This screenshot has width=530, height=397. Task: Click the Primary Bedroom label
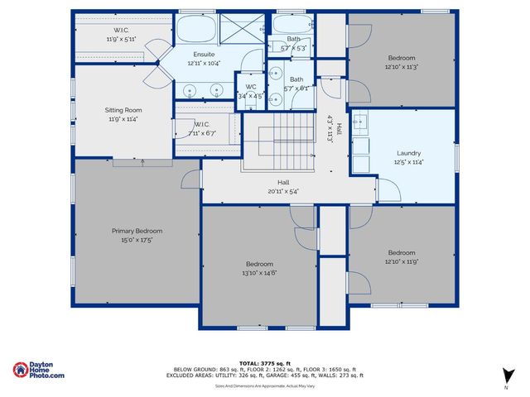click(x=137, y=231)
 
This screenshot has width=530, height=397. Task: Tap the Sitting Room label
click(x=123, y=110)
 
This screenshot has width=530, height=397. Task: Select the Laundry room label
click(x=408, y=153)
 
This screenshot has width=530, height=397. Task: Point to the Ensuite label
click(x=193, y=55)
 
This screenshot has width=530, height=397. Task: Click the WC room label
click(x=250, y=86)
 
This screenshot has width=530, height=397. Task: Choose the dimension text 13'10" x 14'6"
click(x=259, y=273)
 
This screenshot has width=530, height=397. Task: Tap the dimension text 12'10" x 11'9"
click(x=402, y=261)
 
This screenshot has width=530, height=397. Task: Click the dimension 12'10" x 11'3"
click(x=402, y=67)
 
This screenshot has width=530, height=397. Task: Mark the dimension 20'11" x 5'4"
click(x=283, y=191)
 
